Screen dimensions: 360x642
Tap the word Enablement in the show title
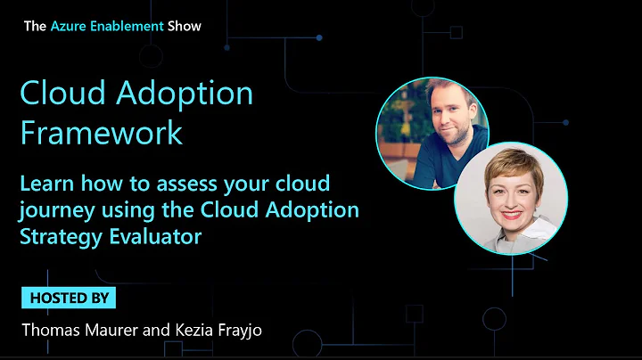pyautogui.click(x=127, y=26)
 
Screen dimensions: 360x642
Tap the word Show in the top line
pyautogui.click(x=185, y=26)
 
